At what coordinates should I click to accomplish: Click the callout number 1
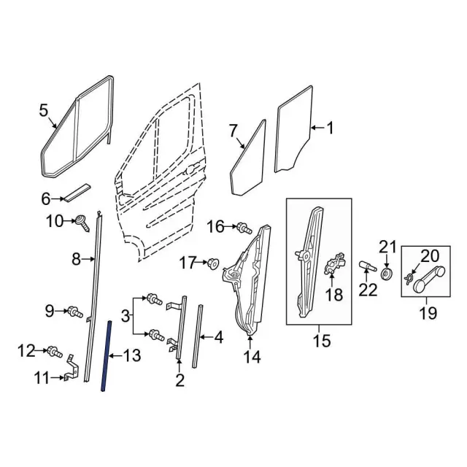[329, 129]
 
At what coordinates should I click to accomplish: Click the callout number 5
[43, 110]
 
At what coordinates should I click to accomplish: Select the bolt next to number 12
[53, 352]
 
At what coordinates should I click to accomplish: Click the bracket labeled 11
[70, 368]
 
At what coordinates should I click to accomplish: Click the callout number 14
[251, 358]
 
